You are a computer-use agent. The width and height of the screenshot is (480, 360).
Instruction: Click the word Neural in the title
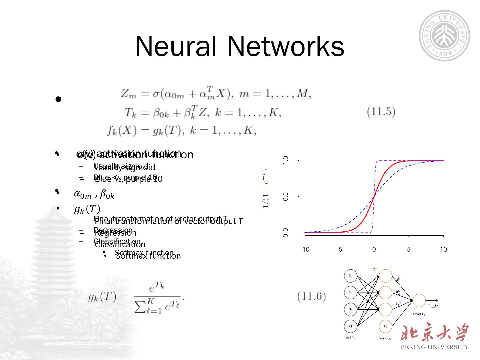[x=176, y=46]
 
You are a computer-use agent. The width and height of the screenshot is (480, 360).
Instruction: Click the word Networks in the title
[x=286, y=46]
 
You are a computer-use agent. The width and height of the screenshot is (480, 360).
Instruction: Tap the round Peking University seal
[x=444, y=36]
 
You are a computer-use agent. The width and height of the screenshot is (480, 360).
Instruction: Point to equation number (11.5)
[x=381, y=112]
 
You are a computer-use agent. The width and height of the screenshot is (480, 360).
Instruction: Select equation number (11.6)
[x=312, y=296]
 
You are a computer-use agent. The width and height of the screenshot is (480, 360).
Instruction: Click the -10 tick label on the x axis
[x=304, y=249]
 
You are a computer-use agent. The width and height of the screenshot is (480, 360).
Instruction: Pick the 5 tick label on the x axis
[x=409, y=249]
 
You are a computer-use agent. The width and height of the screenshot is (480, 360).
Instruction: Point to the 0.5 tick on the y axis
[x=286, y=197]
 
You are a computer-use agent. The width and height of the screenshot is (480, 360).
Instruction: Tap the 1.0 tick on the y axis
[x=286, y=160]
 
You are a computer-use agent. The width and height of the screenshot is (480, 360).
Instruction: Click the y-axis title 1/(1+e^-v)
[x=266, y=189]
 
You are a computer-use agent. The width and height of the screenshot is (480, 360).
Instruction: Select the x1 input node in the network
[x=351, y=276]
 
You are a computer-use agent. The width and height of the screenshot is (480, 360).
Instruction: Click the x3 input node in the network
[x=351, y=309]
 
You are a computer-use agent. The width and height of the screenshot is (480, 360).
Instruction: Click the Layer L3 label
[x=419, y=314]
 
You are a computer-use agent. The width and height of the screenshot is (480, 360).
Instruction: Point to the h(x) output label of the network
[x=434, y=305]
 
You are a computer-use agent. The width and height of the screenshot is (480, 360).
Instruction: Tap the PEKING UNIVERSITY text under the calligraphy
[x=435, y=347]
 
